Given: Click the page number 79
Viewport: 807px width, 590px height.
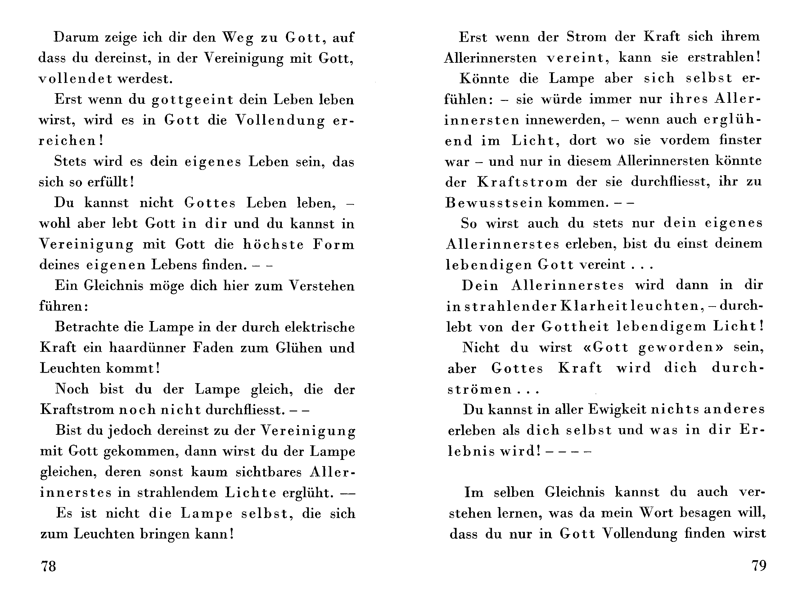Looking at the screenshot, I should pyautogui.click(x=759, y=565).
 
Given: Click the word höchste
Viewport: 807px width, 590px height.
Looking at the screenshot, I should pyautogui.click(x=273, y=244).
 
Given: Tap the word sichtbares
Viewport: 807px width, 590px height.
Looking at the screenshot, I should pyautogui.click(x=269, y=472).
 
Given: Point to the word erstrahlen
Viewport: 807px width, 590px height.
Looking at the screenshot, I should pyautogui.click(x=724, y=57).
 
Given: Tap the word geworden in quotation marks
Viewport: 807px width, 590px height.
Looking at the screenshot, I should pyautogui.click(x=676, y=347).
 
